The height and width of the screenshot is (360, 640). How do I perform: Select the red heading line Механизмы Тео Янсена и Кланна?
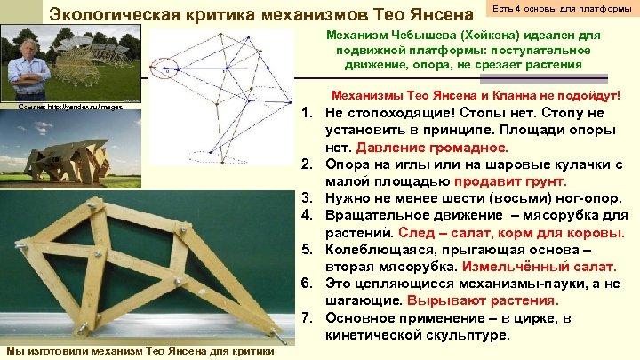click(x=475, y=95)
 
